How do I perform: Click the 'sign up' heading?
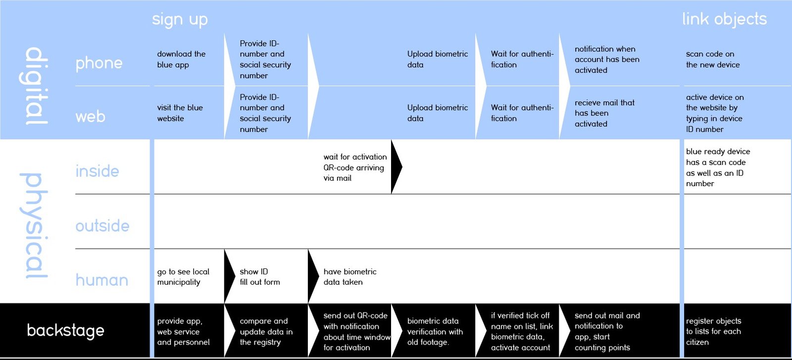[180, 20]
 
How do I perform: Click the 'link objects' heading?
[725, 19]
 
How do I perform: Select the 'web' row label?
[90, 117]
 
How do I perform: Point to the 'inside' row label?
[97, 171]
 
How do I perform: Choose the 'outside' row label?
[102, 226]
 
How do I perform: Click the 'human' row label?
[102, 280]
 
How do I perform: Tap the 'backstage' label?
[66, 331]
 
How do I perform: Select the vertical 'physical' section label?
[34, 226]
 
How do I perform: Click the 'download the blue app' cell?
[181, 59]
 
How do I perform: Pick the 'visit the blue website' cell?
[180, 113]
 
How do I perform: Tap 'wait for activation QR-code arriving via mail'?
[355, 167]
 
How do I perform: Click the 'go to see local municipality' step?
[183, 277]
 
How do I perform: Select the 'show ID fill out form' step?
[259, 277]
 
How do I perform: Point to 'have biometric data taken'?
[349, 277]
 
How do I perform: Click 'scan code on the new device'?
[713, 59]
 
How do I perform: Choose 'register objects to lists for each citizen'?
[713, 332]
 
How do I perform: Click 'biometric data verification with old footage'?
[435, 332]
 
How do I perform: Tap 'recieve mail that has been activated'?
[604, 113]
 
